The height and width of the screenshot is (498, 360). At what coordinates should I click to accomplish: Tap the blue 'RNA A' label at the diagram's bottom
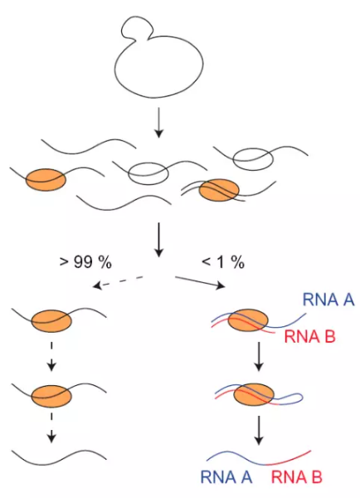[226, 477]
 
